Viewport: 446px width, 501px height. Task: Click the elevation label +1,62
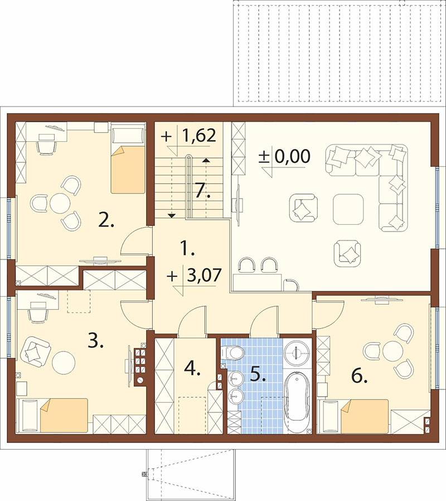coord(188,136)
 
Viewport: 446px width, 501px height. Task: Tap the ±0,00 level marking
coord(284,157)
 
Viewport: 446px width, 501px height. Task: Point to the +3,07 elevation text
coord(194,275)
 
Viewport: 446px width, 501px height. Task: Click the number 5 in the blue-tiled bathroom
coord(258,373)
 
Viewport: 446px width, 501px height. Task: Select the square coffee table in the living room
coord(348,209)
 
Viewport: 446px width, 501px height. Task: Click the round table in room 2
coord(60,203)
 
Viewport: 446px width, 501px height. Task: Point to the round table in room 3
coord(64,362)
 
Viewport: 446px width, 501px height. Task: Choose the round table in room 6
coord(392,351)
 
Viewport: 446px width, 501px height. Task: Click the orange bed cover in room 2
coord(128,170)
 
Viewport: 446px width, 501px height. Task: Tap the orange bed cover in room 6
coord(365,416)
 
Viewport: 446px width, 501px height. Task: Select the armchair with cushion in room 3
coord(35,351)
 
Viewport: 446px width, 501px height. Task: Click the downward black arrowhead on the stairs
coord(172,216)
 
